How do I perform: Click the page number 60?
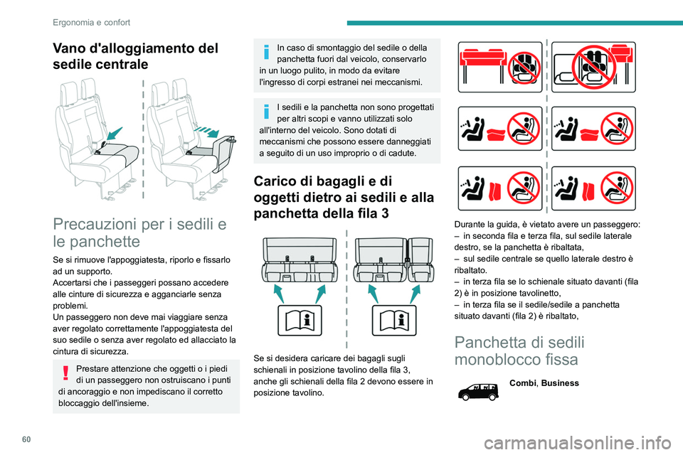(x=26, y=439)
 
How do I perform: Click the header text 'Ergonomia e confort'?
(x=92, y=22)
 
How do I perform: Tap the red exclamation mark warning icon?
(x=65, y=373)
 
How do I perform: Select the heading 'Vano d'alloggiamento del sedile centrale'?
(x=135, y=56)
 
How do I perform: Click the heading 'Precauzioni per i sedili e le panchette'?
(x=140, y=232)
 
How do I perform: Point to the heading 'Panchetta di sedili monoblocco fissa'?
(x=519, y=350)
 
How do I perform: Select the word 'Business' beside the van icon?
(x=560, y=383)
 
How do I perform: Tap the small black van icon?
(x=478, y=391)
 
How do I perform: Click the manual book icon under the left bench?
(x=300, y=321)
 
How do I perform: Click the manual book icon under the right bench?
(x=393, y=321)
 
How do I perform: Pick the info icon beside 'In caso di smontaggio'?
(x=267, y=52)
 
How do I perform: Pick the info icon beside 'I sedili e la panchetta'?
(x=267, y=112)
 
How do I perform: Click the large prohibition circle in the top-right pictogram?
(x=593, y=67)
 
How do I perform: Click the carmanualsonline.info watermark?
(x=578, y=444)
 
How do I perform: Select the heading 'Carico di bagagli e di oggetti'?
(x=344, y=197)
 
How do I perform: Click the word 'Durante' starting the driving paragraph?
(x=469, y=225)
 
